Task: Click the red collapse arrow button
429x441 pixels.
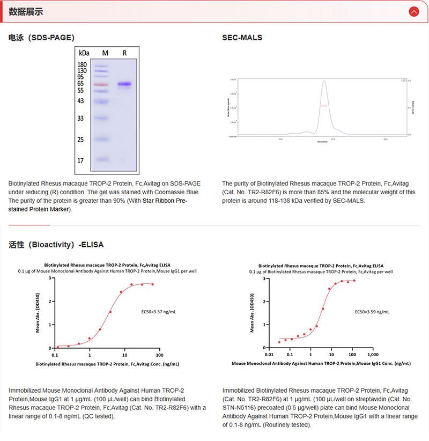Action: click(413, 11)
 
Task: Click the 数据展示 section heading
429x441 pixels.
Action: click(26, 12)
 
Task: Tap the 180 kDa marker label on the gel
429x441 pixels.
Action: click(82, 64)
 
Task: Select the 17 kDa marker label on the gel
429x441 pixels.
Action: click(80, 160)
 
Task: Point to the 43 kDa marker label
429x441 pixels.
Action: click(80, 101)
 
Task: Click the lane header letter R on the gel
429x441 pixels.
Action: click(124, 53)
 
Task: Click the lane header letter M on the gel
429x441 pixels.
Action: click(105, 53)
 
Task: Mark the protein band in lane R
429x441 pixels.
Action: click(124, 84)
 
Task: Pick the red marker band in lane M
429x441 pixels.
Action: click(101, 84)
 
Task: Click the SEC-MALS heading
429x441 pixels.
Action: click(242, 38)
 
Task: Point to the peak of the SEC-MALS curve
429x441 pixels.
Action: click(324, 82)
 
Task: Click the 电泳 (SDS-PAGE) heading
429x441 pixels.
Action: click(41, 38)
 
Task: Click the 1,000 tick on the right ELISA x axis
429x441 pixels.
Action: click(373, 355)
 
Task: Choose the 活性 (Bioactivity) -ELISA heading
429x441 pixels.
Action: click(56, 245)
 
